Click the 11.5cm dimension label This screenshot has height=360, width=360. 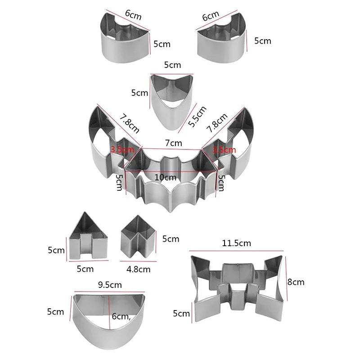click(236, 243)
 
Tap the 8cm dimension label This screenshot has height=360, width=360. click(296, 282)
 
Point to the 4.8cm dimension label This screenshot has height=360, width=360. click(138, 269)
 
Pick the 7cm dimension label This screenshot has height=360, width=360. click(173, 143)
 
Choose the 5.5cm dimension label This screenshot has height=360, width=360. click(198, 117)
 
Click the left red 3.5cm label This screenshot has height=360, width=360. click(122, 149)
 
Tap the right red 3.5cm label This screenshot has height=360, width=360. click(224, 149)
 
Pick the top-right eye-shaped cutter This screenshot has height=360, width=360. click(223, 40)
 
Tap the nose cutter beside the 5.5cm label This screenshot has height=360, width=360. click(171, 101)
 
